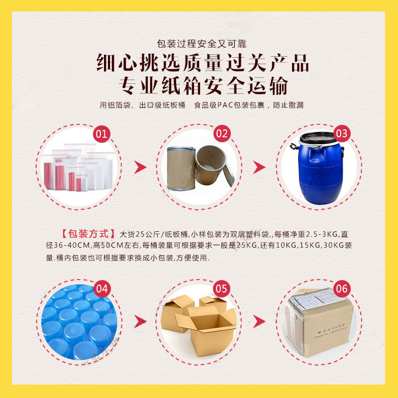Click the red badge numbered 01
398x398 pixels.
click(101, 133)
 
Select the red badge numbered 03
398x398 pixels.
click(342, 133)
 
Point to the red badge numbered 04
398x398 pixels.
click(101, 289)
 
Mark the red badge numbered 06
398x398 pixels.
click(342, 289)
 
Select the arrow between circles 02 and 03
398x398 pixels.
click(260, 167)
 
